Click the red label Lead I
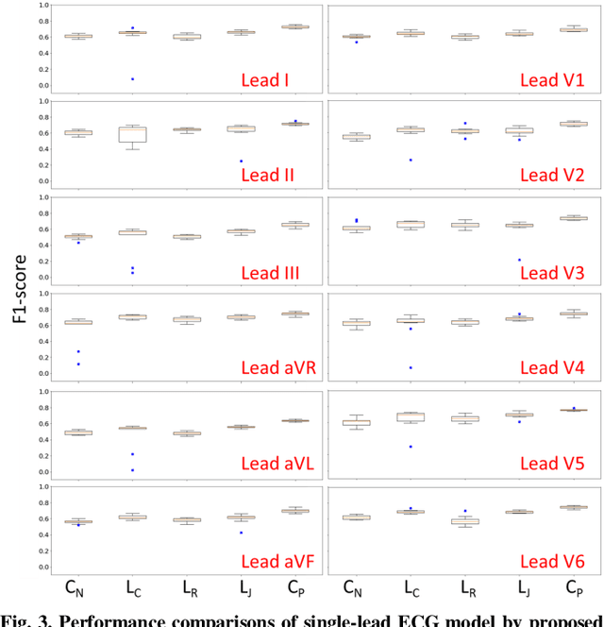[x=265, y=80]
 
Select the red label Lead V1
[x=552, y=80]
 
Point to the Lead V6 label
[x=552, y=561]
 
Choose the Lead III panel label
[x=270, y=274]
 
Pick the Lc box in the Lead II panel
[x=132, y=134]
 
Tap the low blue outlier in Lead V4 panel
[x=411, y=367]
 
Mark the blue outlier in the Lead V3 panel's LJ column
[x=519, y=260]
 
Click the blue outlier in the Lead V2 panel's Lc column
[x=411, y=160]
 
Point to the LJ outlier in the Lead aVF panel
[x=241, y=533]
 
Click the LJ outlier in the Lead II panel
[x=241, y=161]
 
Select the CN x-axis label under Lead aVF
[x=76, y=588]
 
